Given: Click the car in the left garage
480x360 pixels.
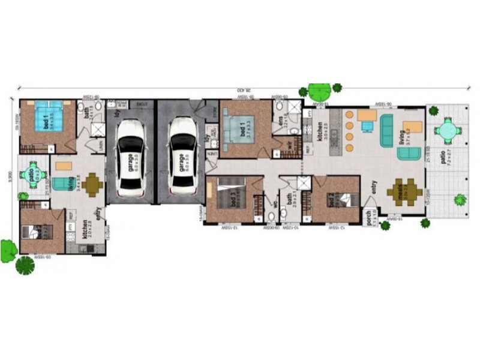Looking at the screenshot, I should click(131, 159).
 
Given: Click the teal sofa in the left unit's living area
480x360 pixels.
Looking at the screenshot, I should click(61, 184).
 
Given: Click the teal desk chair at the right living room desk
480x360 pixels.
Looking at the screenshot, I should click(367, 125).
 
